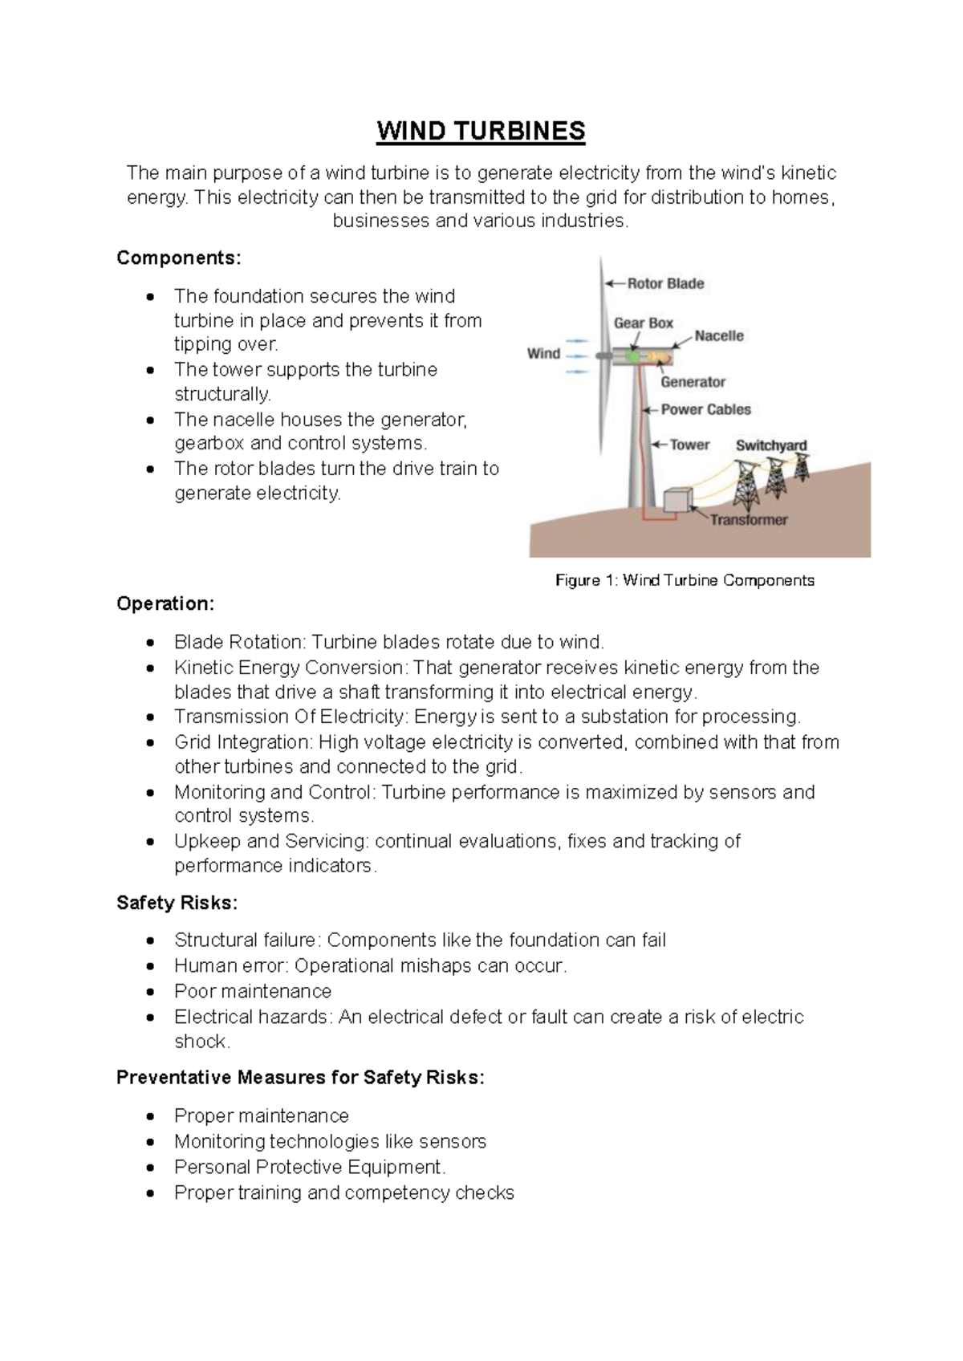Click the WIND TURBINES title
(x=481, y=132)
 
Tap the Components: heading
(x=178, y=258)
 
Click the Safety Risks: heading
(x=177, y=903)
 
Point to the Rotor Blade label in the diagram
(x=665, y=283)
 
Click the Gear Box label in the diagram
(x=643, y=323)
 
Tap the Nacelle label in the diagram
(x=719, y=336)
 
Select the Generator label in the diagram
(x=693, y=382)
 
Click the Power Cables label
(x=705, y=409)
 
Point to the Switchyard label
(x=770, y=445)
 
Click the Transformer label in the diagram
(x=748, y=520)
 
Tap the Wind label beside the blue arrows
(x=543, y=353)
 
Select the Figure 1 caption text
(x=685, y=580)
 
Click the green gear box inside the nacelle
(x=633, y=355)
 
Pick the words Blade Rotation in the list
(x=238, y=642)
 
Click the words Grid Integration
(x=242, y=742)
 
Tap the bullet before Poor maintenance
(x=151, y=992)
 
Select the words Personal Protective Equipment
(x=308, y=1167)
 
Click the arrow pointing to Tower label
(x=657, y=445)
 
